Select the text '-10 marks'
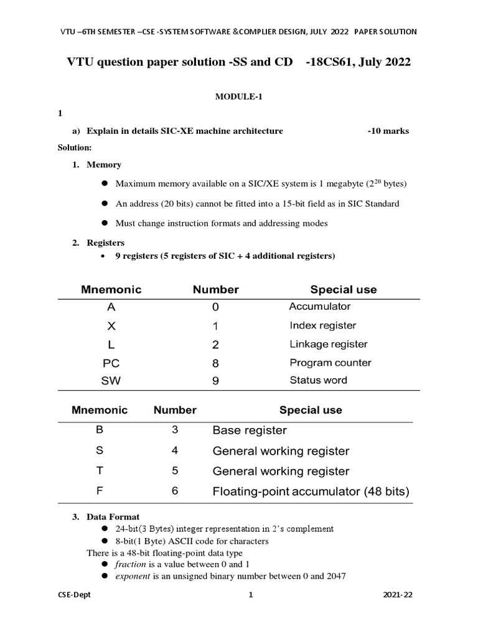coord(388,131)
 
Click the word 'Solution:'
coord(75,147)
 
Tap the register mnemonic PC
coord(111,363)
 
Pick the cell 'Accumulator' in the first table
coord(320,307)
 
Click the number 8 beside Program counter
coord(215,363)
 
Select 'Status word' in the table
coord(319,380)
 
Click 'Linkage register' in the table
coord(329,344)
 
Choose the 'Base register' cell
coord(250,430)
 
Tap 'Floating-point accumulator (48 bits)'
coord(311,491)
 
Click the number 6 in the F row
coord(175,491)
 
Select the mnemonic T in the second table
coord(99,471)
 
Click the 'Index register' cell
coord(323,325)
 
